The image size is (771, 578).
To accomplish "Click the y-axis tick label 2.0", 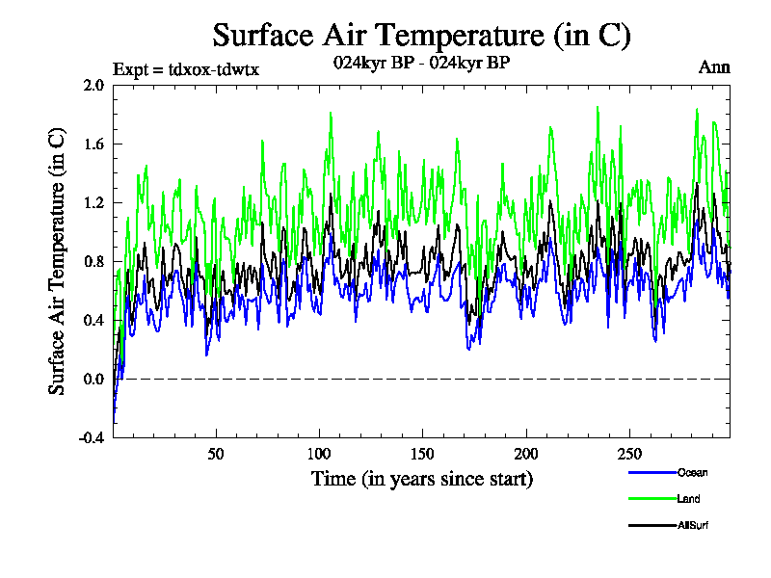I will (93, 86).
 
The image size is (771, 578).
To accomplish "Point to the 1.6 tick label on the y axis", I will (93, 144).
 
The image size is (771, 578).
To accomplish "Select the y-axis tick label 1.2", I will (93, 203).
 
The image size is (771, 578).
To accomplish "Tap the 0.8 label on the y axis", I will (93, 262).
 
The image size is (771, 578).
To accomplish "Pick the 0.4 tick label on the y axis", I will (93, 321).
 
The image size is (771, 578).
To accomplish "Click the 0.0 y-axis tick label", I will (93, 380).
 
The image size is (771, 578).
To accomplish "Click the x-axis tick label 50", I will (216, 454).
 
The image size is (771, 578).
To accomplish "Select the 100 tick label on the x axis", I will (319, 454).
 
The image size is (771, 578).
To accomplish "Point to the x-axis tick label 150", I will (422, 454).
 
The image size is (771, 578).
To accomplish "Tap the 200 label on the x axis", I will (525, 454).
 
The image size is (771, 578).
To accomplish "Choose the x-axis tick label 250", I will (628, 454).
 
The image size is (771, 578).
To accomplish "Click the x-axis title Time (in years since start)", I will (421, 478).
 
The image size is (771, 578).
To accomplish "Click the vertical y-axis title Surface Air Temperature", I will (58, 261).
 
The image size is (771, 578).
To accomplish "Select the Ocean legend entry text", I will (692, 473).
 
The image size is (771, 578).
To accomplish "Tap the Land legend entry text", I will (688, 499).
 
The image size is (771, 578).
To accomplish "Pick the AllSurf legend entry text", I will (694, 525).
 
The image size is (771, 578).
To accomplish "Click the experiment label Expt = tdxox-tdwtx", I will (186, 68).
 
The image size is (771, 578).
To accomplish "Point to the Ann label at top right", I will (714, 67).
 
